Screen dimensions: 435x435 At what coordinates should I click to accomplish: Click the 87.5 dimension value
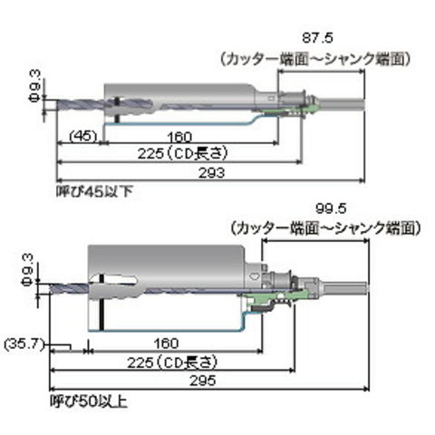tap(317, 38)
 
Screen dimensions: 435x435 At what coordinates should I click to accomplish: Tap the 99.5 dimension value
tap(331, 208)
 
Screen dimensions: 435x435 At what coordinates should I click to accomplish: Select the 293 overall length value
tap(211, 173)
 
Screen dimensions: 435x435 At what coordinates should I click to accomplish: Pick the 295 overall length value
tap(203, 381)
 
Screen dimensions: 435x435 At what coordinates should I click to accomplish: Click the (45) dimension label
tap(83, 136)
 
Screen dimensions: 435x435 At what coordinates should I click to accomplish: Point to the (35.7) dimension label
tap(24, 344)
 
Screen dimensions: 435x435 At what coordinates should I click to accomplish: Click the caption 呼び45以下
tap(94, 191)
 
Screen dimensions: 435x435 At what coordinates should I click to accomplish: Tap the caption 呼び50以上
tap(89, 401)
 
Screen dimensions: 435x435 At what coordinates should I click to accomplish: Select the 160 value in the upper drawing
tap(179, 137)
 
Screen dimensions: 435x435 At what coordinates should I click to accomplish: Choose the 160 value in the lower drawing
tap(166, 343)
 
